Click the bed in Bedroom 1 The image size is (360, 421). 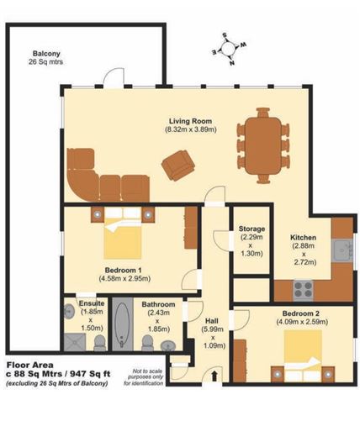click(x=123, y=237)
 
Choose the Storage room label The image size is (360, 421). click(x=251, y=229)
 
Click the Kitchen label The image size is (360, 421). click(x=303, y=237)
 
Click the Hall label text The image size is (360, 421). click(x=213, y=319)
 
